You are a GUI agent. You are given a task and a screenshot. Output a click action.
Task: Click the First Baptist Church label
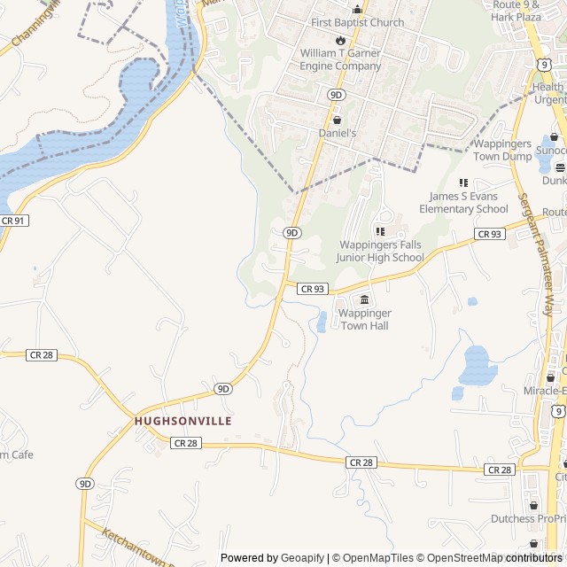(x=357, y=23)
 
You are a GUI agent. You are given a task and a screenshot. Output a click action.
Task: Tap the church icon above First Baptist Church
(x=357, y=10)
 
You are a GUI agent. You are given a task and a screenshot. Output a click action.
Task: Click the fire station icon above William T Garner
(x=340, y=41)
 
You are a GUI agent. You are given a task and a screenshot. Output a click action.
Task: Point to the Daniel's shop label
(x=337, y=133)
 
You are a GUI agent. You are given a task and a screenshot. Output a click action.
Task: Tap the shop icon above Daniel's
(x=337, y=120)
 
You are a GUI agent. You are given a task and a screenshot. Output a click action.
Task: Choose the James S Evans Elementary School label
(x=469, y=202)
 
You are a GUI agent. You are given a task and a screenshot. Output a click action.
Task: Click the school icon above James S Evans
(x=462, y=183)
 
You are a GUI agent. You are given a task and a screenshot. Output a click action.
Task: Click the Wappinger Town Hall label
(x=364, y=319)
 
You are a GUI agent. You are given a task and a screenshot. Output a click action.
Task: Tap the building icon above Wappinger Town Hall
(x=364, y=300)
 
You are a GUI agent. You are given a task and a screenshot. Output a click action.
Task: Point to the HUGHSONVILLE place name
(x=183, y=421)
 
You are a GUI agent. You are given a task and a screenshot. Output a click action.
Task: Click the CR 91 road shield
(x=14, y=220)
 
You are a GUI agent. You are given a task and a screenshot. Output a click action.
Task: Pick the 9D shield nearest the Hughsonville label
(x=222, y=388)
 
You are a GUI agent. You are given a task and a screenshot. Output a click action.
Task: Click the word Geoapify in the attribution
(x=302, y=558)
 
